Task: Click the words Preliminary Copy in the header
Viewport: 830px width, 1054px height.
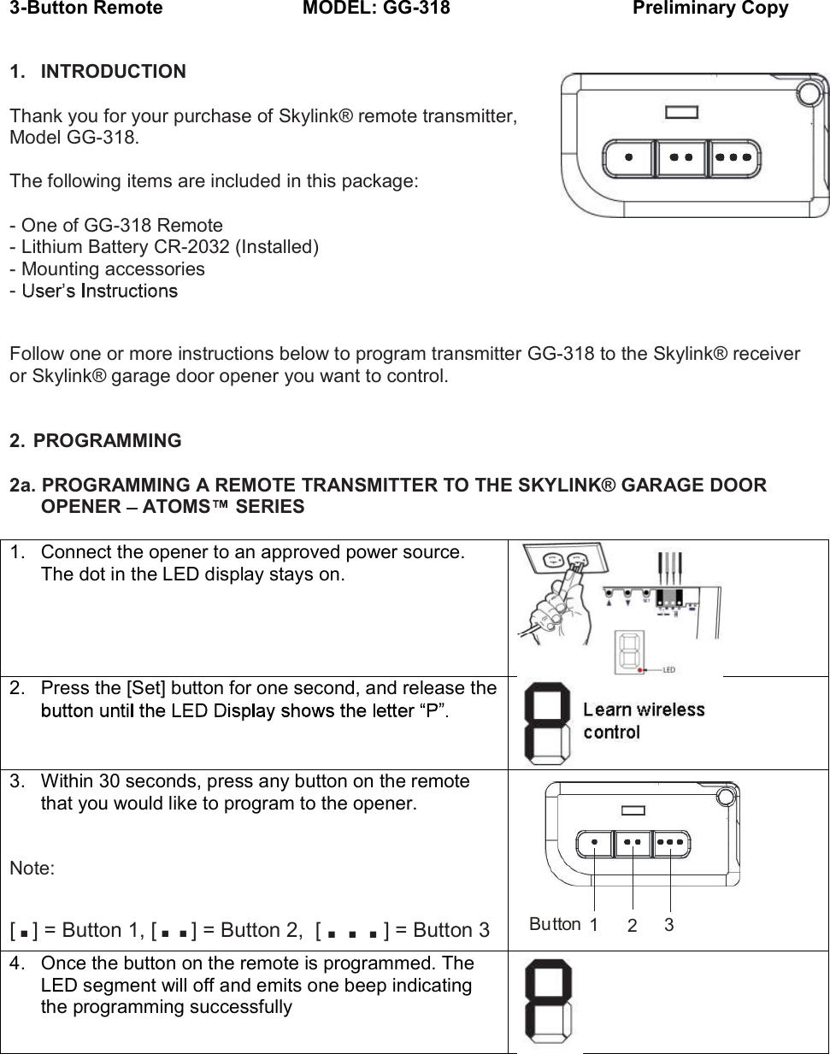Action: [x=709, y=9]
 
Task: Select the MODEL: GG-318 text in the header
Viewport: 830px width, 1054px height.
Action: [x=376, y=9]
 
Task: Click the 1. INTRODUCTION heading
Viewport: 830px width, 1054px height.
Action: [x=97, y=72]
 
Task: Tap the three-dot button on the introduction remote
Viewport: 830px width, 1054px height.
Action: [x=733, y=157]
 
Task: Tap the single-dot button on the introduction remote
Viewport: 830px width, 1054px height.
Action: [x=629, y=157]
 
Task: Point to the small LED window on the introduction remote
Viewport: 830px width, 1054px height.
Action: [x=681, y=112]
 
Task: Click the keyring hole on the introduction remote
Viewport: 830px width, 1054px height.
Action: [x=808, y=93]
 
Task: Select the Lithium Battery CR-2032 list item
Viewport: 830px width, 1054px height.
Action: [x=164, y=247]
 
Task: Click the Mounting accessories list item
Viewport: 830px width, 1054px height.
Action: [x=108, y=269]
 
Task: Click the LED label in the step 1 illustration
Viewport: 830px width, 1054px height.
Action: [x=668, y=669]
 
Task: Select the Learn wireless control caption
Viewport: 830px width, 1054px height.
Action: [x=643, y=721]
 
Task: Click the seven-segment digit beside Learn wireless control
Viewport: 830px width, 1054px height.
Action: [x=546, y=722]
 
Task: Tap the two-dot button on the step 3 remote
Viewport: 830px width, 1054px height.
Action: [x=633, y=843]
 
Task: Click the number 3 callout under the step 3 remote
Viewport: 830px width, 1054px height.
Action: [x=669, y=925]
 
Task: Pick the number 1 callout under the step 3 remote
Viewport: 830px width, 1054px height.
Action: [x=593, y=925]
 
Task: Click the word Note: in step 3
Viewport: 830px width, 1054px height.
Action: [x=32, y=869]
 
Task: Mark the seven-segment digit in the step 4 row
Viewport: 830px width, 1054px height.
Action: [x=548, y=1001]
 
